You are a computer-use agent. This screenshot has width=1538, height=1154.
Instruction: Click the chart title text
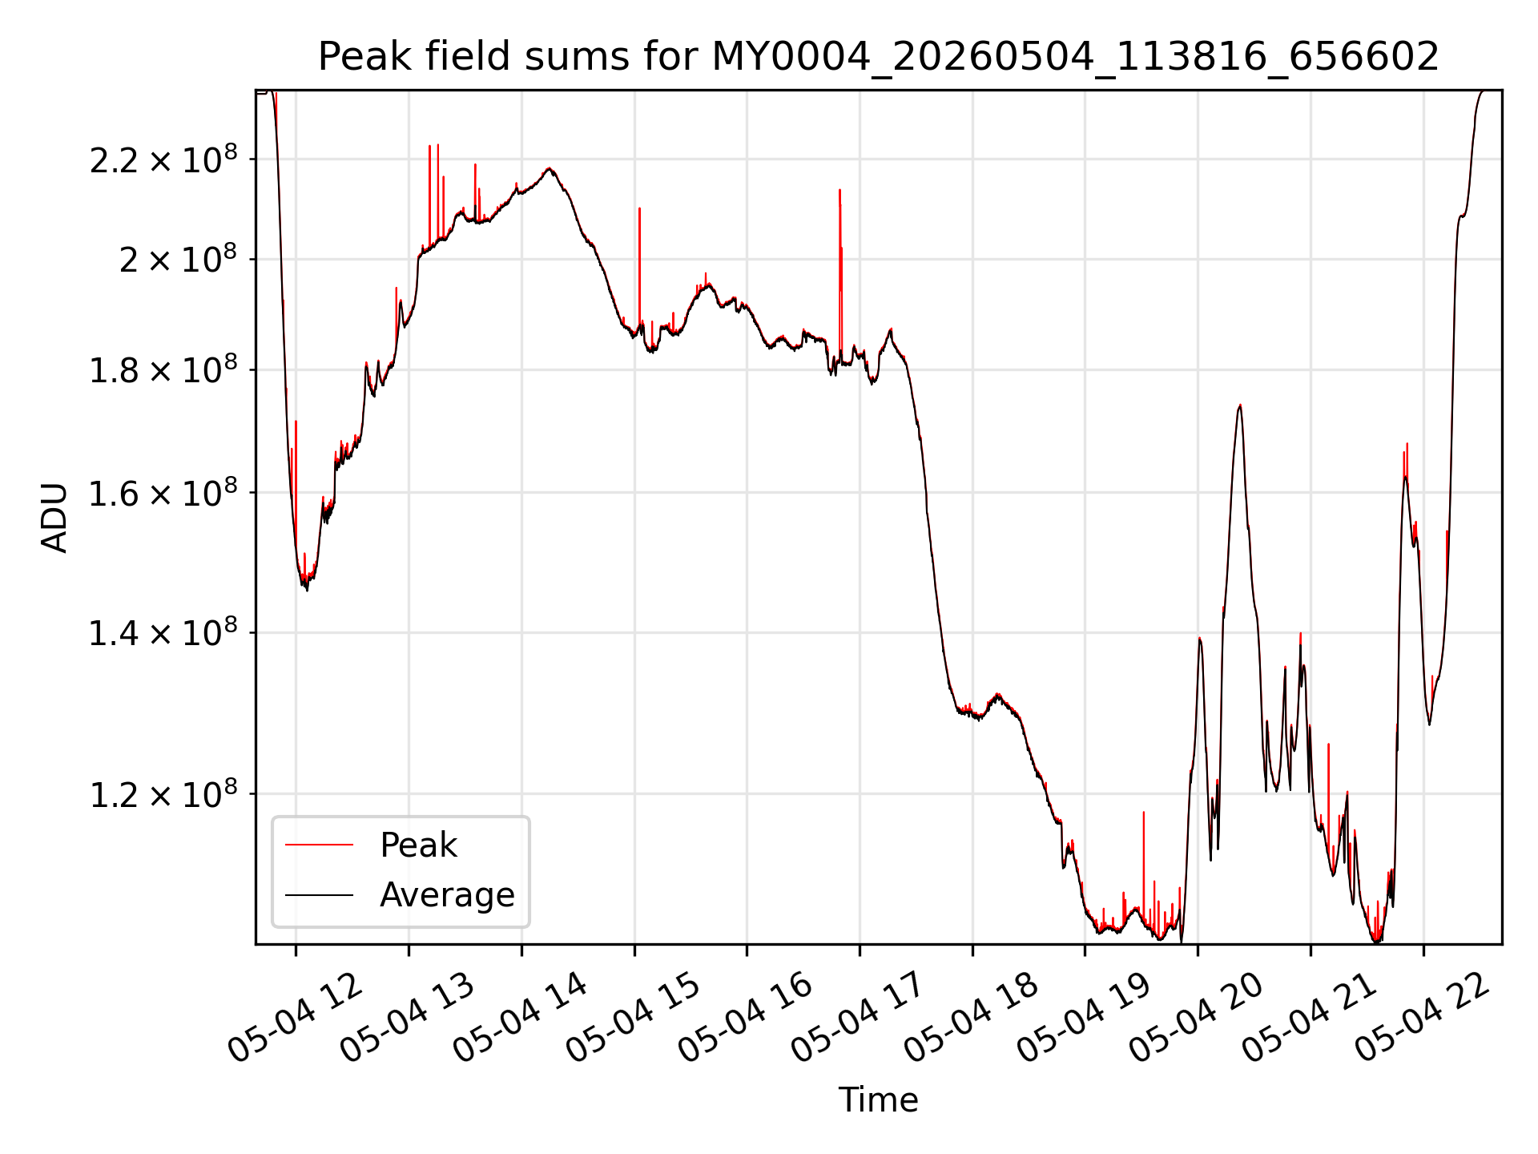click(x=879, y=57)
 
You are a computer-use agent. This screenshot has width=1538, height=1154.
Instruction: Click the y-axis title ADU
click(x=54, y=518)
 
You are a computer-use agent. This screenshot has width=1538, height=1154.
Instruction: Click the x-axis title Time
click(x=878, y=1100)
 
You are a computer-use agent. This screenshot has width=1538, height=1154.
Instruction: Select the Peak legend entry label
click(x=418, y=845)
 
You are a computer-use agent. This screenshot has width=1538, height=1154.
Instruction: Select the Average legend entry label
click(x=447, y=895)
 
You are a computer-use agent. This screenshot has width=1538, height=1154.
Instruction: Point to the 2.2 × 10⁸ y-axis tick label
click(x=163, y=159)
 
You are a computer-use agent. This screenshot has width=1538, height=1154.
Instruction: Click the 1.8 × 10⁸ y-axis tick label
click(x=163, y=369)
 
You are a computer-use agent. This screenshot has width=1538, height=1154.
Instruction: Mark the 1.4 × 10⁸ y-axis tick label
click(x=163, y=632)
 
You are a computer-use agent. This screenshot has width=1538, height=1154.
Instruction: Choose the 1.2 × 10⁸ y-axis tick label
click(x=163, y=794)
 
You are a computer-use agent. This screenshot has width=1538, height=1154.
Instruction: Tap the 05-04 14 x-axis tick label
click(x=521, y=1017)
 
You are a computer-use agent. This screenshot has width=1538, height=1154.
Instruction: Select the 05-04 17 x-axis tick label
click(x=859, y=1017)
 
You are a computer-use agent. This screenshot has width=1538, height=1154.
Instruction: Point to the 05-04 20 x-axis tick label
click(x=1197, y=1017)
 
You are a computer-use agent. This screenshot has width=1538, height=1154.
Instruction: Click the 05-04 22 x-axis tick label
click(x=1423, y=1017)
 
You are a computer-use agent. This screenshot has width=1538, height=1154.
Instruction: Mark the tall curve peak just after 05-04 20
click(x=1239, y=406)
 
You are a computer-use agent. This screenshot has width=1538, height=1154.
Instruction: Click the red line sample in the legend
click(x=319, y=845)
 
